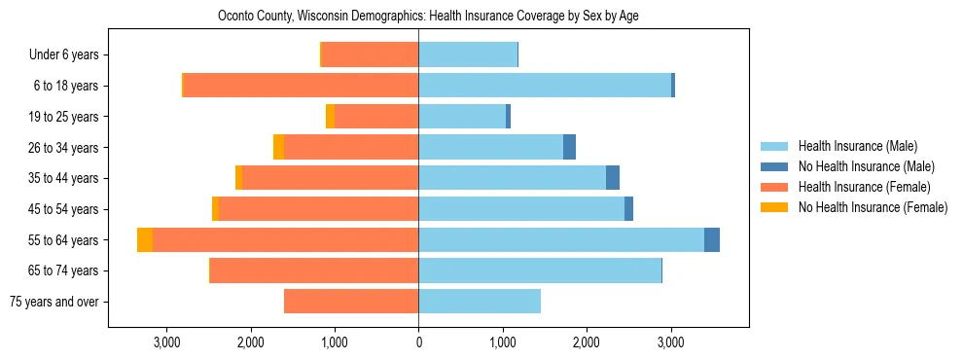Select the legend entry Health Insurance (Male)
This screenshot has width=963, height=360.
click(857, 146)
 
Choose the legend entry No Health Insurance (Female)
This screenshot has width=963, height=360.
click(873, 207)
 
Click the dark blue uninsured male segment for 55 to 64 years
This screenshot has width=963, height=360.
click(712, 239)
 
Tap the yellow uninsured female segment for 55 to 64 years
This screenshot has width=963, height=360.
click(145, 239)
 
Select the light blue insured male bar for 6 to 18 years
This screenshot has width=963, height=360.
click(545, 86)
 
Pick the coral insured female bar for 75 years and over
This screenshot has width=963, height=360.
click(351, 302)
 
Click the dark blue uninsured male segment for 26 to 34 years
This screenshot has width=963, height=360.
click(569, 147)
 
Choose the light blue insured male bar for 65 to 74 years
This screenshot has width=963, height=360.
click(540, 270)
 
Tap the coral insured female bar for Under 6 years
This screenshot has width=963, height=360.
click(370, 55)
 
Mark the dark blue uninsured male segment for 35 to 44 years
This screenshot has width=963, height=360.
click(613, 178)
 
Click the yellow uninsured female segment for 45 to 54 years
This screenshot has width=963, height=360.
click(215, 209)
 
